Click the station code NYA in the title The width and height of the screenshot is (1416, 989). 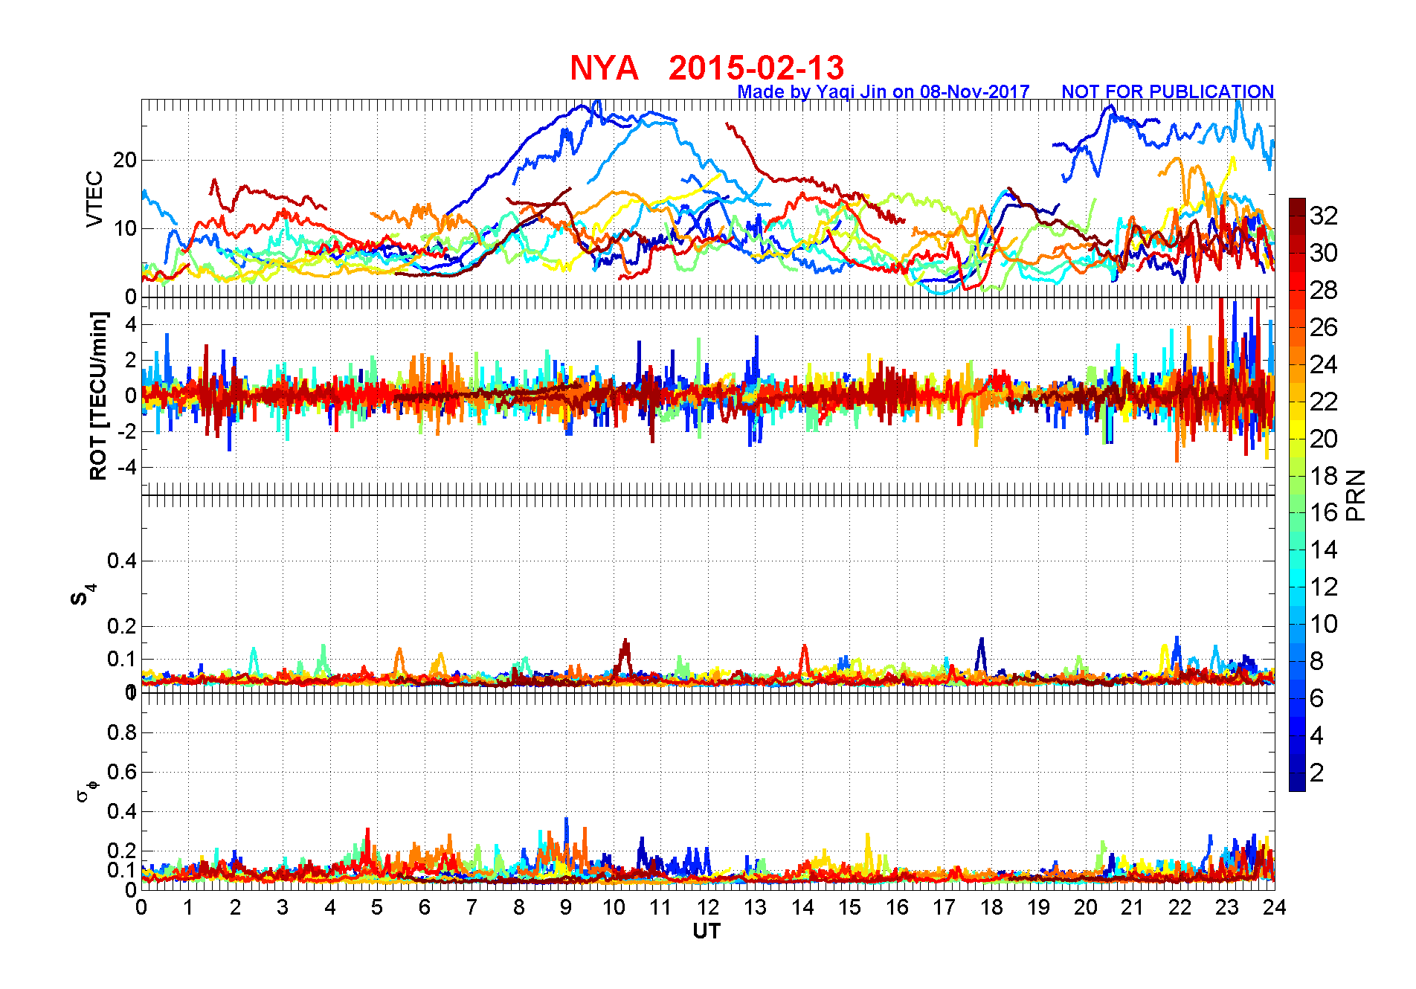tap(604, 68)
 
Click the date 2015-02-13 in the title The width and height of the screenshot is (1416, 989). tap(756, 68)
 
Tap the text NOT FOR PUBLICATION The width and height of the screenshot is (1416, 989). tap(1167, 91)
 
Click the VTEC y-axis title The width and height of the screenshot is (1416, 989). tap(94, 199)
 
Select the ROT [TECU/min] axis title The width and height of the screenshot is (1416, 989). tap(98, 396)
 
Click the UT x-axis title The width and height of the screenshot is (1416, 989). tap(707, 931)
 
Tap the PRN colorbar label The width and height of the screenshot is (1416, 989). tap(1356, 495)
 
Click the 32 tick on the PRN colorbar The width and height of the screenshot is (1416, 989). tap(1324, 216)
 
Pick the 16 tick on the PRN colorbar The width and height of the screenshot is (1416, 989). tap(1324, 512)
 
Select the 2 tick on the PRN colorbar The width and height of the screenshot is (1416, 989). tap(1317, 773)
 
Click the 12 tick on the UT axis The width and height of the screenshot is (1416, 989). tap(707, 907)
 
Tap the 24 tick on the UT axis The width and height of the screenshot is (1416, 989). tap(1275, 907)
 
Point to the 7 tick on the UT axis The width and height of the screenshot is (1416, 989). tap(472, 907)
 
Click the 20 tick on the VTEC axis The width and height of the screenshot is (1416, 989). tap(124, 160)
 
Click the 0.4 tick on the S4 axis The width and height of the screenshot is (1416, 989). tap(122, 561)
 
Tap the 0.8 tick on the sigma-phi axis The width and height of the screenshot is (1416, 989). tap(122, 732)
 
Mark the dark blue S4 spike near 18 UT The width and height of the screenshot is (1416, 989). tap(982, 644)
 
